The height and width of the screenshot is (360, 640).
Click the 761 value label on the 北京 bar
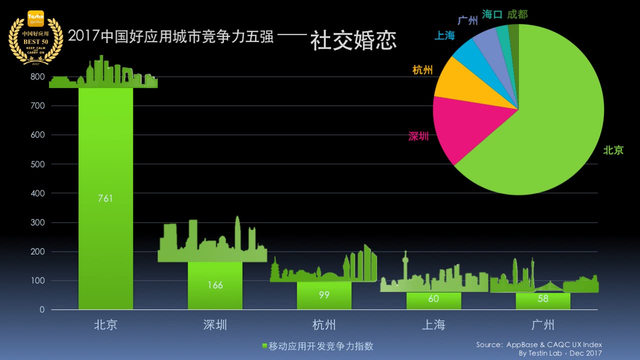(x=105, y=198)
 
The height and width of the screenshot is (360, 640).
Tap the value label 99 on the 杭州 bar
(x=324, y=295)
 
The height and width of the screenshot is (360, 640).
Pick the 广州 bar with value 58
(x=543, y=301)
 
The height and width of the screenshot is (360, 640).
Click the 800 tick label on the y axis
(x=38, y=77)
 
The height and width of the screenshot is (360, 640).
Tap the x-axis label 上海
(x=433, y=325)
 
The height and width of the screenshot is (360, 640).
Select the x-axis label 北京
(x=105, y=325)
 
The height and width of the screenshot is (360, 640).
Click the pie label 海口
(x=492, y=15)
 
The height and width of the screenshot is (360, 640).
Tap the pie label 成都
(x=517, y=14)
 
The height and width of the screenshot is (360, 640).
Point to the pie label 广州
(x=467, y=21)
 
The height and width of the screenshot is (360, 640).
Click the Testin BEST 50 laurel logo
(x=35, y=37)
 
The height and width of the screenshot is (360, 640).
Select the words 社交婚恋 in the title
(x=353, y=40)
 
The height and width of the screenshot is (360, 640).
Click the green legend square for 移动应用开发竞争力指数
(x=265, y=346)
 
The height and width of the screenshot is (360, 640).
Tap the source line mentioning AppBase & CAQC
(x=539, y=344)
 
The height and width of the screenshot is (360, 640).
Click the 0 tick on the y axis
(x=42, y=310)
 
